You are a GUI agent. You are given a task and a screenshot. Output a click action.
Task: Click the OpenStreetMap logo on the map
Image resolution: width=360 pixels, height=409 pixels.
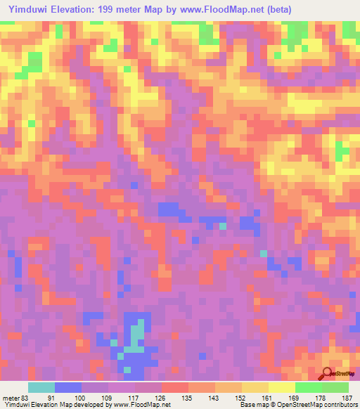pos(340,374)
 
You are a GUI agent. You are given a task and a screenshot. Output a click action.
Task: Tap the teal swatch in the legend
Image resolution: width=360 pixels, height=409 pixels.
pos(41,387)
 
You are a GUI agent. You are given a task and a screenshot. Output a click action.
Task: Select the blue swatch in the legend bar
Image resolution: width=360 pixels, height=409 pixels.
pos(68,387)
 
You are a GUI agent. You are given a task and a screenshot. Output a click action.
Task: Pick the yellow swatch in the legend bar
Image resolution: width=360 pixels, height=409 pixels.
pos(255,387)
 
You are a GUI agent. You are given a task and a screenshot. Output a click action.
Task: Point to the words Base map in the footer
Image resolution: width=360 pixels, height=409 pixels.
pos(250,405)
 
